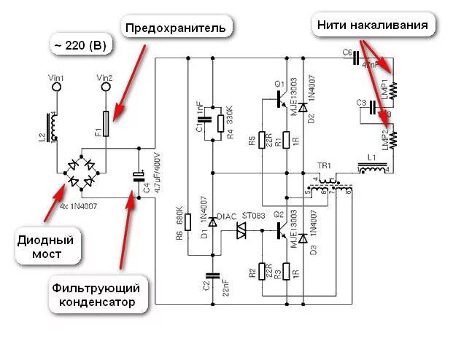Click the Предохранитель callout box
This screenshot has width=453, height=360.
[178, 28]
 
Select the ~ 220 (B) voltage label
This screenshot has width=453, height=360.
[80, 45]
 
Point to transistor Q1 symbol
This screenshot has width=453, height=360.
[281, 101]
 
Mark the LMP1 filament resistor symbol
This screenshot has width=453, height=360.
[392, 90]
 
